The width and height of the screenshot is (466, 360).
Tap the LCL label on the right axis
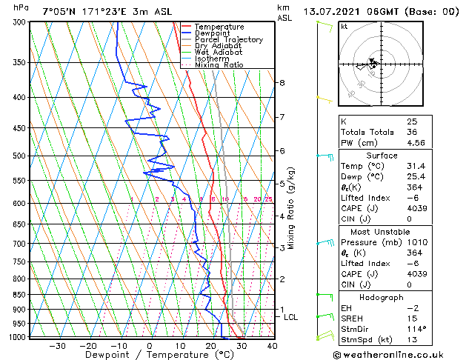tap(291, 317)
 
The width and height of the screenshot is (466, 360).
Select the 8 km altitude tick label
tap(282, 82)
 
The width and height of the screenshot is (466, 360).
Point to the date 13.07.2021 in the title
tap(331, 11)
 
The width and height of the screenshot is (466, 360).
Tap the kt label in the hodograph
tap(344, 27)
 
